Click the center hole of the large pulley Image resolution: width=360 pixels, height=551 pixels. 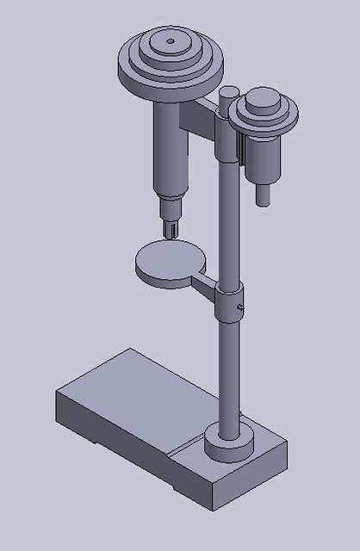coord(170,40)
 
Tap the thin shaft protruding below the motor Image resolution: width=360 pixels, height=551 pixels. coord(264,195)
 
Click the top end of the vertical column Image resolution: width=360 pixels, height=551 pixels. coord(230,90)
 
